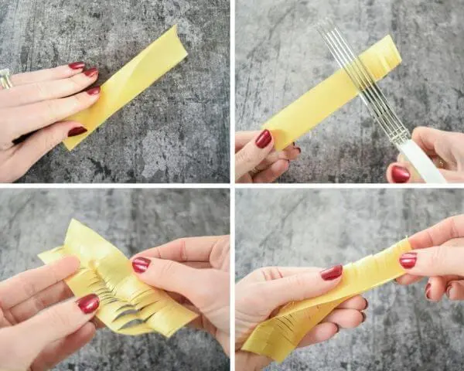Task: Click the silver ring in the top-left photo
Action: [5, 78]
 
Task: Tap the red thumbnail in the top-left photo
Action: [77, 131]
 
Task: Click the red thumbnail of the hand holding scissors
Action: [400, 174]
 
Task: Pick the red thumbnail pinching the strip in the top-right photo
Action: [264, 138]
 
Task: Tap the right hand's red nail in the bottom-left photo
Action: [140, 265]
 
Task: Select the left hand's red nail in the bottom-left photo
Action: [88, 303]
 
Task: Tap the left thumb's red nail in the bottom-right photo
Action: [332, 272]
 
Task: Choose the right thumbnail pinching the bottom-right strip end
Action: [408, 260]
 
